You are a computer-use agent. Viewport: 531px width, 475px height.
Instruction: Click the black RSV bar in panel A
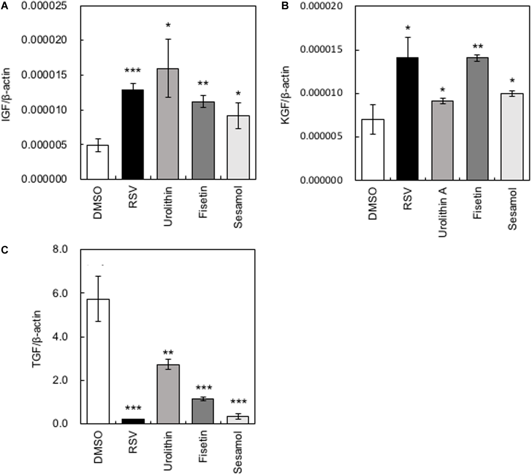click(133, 134)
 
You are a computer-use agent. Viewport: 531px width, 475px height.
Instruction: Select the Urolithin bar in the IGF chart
click(168, 124)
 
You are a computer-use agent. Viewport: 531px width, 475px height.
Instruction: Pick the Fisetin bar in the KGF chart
click(477, 119)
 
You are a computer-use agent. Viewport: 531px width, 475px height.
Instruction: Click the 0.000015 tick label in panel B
click(321, 50)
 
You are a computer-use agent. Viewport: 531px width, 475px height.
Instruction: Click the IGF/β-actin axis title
click(6, 95)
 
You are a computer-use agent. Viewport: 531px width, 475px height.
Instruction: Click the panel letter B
click(285, 6)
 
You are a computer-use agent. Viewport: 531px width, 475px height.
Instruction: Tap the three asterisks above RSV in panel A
click(133, 71)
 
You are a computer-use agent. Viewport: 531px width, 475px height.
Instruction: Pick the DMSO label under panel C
click(98, 450)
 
